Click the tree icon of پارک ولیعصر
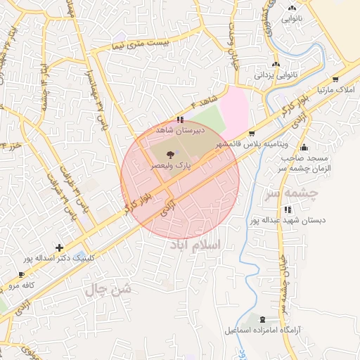click(169, 153)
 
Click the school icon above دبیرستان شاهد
click(181, 120)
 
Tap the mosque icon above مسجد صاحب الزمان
click(304, 148)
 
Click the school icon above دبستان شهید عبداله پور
click(287, 210)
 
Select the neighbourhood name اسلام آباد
click(193, 244)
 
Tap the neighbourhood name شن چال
click(108, 288)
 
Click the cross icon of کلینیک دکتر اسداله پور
click(59, 247)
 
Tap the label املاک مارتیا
click(334, 91)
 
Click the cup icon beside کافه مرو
click(20, 275)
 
